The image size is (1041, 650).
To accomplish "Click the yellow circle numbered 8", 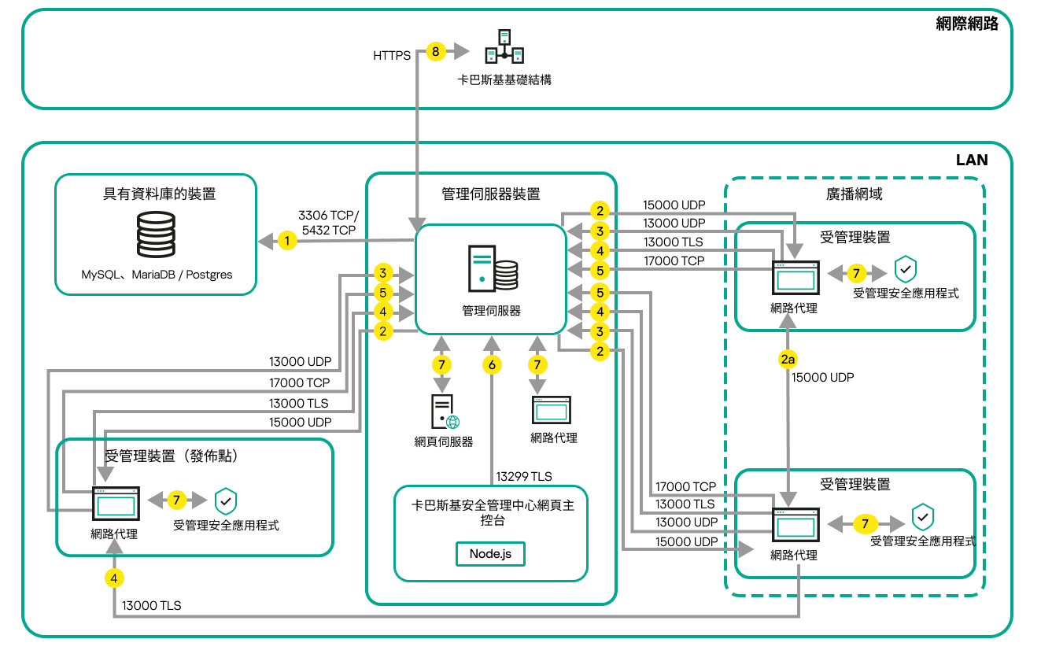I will tap(436, 53).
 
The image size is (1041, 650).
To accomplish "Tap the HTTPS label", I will tap(392, 56).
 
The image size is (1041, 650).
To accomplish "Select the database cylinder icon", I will tap(156, 234).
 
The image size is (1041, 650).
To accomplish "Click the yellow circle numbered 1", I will tap(288, 241).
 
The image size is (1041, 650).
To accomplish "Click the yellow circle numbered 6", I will tap(492, 365).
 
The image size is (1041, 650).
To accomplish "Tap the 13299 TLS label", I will tap(524, 476).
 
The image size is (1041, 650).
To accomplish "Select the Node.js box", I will tap(490, 553).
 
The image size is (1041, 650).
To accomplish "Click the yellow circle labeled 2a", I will tap(788, 360).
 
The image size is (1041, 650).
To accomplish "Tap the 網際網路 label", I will tap(967, 24).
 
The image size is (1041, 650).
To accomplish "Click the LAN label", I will tap(972, 160).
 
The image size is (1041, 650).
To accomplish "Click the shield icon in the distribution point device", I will tap(226, 500).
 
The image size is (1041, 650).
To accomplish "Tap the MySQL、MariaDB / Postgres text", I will tap(157, 275).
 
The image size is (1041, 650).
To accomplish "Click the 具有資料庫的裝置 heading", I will tap(156, 194).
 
